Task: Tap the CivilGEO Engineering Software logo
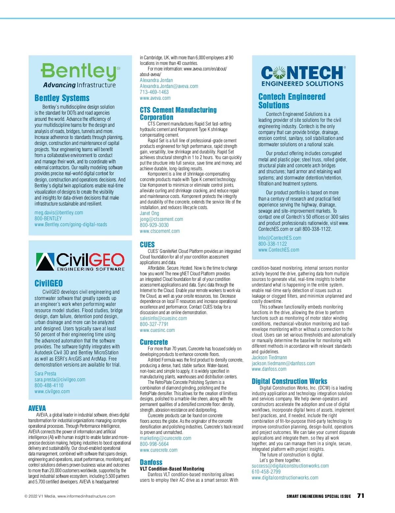point(80,262)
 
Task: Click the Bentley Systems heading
point(62,98)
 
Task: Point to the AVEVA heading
point(37,408)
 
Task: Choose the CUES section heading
point(147,245)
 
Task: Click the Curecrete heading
point(154,342)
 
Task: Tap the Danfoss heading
point(151,462)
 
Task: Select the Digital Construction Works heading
point(289,381)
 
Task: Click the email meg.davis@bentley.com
point(59,213)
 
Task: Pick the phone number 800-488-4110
point(49,386)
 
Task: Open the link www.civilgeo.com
point(52,391)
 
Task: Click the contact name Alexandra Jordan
point(156,80)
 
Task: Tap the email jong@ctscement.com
point(161,219)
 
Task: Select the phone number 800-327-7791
point(154,324)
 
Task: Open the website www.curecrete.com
point(158,450)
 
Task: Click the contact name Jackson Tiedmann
point(269,358)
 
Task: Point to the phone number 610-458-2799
point(266,472)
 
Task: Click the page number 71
point(361,496)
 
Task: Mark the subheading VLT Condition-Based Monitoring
point(172,469)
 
